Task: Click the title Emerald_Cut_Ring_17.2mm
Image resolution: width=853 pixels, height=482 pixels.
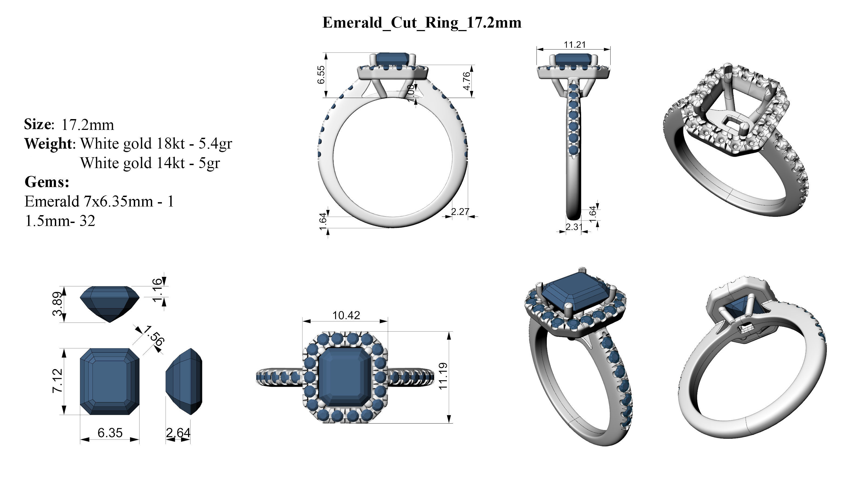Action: (x=422, y=22)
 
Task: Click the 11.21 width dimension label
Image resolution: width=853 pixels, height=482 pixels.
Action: (x=575, y=44)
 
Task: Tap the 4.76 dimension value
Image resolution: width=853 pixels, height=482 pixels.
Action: (x=467, y=81)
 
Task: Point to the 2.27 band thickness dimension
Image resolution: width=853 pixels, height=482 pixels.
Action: (x=460, y=211)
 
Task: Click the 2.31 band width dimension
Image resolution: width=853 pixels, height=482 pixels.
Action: (x=574, y=227)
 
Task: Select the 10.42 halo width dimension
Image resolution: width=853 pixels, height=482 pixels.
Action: (x=346, y=315)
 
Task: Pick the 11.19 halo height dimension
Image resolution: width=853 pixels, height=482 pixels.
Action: (x=443, y=376)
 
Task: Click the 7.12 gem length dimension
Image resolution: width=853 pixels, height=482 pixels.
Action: (x=57, y=381)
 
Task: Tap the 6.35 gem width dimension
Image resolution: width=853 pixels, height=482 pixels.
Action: (x=110, y=432)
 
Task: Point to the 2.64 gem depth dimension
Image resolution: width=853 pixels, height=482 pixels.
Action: (x=178, y=432)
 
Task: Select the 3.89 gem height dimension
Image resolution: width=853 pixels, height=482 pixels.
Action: (x=57, y=304)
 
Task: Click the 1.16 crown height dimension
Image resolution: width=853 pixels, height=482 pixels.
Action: (x=158, y=291)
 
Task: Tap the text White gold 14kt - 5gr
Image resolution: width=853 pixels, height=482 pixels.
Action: (x=150, y=163)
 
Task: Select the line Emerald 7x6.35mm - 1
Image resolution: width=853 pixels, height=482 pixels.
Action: (x=99, y=201)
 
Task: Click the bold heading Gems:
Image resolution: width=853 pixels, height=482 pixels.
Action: (x=47, y=182)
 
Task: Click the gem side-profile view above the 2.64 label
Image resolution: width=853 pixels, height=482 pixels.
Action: (x=184, y=381)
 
